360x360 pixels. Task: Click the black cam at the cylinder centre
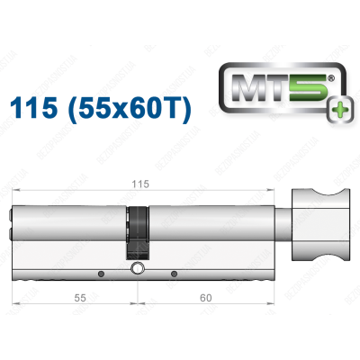coord(138,232)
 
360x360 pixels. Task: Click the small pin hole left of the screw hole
coord(101,273)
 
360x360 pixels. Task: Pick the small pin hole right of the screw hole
coord(174,273)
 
